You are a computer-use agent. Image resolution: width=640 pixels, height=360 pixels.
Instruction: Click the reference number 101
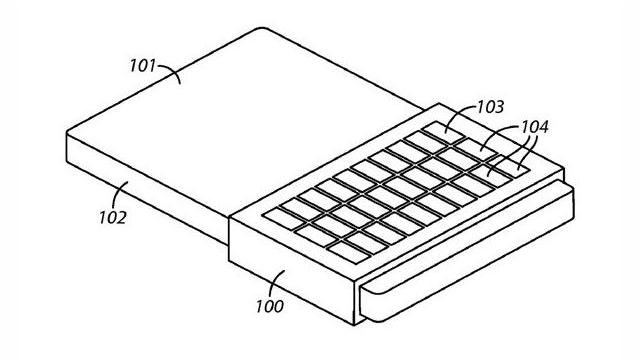click(x=143, y=69)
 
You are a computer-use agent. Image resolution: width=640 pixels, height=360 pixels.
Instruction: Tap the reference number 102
click(x=112, y=215)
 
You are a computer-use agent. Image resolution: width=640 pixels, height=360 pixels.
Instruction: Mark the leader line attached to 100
click(x=278, y=285)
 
